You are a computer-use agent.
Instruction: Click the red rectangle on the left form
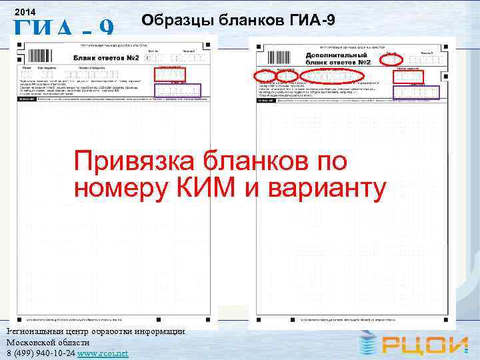pos(169,74)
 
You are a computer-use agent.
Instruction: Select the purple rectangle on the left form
pos(177,90)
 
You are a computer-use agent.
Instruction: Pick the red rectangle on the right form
pos(407,75)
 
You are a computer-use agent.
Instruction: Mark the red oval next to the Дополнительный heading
pos(391,59)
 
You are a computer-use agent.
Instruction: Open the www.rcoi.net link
pos(103,353)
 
